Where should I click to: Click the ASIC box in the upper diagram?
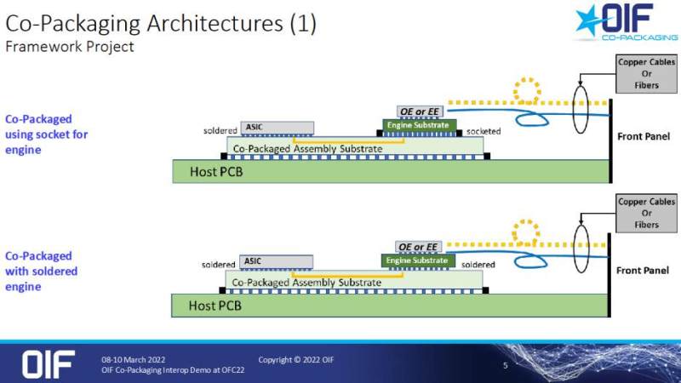[x=278, y=128]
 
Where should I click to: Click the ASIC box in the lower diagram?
[x=276, y=261]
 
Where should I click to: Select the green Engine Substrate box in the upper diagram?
[x=417, y=126]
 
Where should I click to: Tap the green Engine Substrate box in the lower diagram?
[x=417, y=260]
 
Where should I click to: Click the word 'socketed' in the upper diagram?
[x=483, y=131]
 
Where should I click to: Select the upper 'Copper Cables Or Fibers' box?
[x=646, y=74]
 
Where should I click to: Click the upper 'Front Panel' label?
[x=644, y=136]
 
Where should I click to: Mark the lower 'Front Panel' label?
[x=644, y=269]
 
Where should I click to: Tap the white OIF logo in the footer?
[x=49, y=363]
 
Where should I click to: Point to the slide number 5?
[x=506, y=366]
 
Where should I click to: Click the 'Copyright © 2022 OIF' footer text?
[x=296, y=359]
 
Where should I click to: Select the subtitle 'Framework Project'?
[x=70, y=47]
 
